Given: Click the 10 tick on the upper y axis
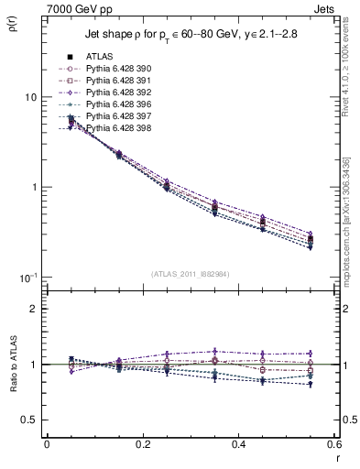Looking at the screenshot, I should (30, 97).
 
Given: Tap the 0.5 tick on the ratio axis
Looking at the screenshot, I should (28, 420).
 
